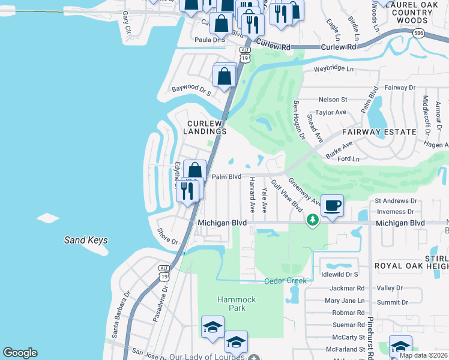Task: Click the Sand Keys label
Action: click(x=86, y=240)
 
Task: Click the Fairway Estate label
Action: click(x=379, y=131)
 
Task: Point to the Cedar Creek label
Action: click(x=285, y=281)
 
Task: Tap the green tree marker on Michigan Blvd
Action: click(x=312, y=220)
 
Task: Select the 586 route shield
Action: click(x=419, y=34)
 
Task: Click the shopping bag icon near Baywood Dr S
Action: click(x=224, y=76)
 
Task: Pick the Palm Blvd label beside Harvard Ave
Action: click(x=226, y=177)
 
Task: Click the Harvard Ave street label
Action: click(x=253, y=194)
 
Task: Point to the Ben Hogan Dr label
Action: click(x=299, y=120)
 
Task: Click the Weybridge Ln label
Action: click(x=334, y=69)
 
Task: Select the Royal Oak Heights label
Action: click(x=411, y=265)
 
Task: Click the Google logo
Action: click(x=20, y=353)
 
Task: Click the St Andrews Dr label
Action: click(x=396, y=201)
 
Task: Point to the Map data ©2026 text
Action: click(x=423, y=355)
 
